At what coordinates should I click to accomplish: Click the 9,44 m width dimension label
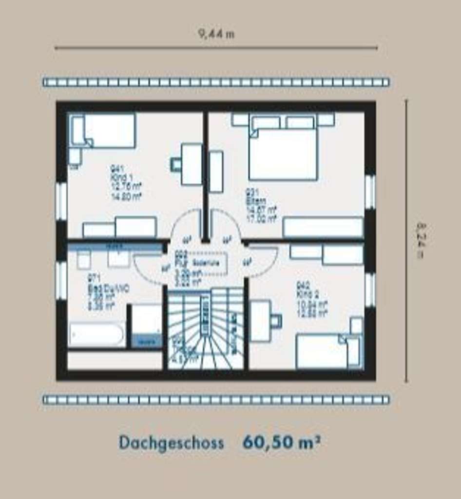click(216, 34)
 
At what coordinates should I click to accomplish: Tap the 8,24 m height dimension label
click(419, 240)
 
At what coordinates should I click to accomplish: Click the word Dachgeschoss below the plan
click(171, 443)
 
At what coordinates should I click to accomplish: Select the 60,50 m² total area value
click(281, 442)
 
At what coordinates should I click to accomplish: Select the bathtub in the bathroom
click(96, 335)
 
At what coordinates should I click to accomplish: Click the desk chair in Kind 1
click(175, 165)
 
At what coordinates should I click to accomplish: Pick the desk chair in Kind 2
click(276, 321)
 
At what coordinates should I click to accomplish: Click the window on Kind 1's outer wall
click(62, 201)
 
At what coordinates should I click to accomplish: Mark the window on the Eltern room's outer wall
click(370, 192)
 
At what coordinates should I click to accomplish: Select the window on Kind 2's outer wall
click(370, 289)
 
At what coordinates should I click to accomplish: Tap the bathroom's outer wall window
click(62, 280)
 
